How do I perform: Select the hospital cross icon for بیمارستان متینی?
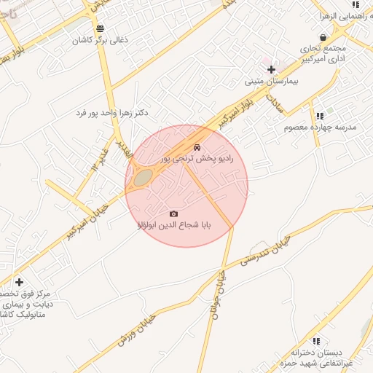point(271,70)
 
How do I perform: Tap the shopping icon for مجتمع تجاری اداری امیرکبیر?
point(323,37)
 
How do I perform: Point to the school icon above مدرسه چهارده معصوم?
point(319,115)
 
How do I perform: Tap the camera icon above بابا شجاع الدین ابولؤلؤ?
point(173,213)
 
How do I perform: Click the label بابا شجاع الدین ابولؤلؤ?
point(173,226)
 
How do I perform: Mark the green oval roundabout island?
point(144,177)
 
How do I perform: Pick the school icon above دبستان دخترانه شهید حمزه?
point(315,341)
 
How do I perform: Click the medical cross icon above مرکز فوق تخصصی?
point(19,282)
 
